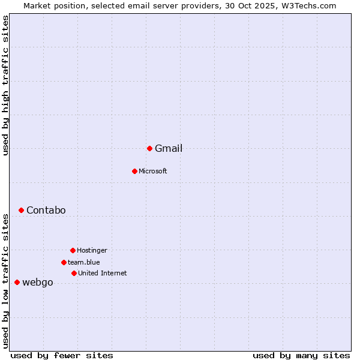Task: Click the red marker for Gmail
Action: pyautogui.click(x=149, y=148)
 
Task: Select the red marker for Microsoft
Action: pyautogui.click(x=134, y=171)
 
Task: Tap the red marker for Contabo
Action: pyautogui.click(x=21, y=210)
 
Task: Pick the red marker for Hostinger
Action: pyautogui.click(x=73, y=250)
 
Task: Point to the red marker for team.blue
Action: pyautogui.click(x=64, y=262)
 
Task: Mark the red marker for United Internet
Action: pyautogui.click(x=74, y=273)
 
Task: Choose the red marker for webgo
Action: pyautogui.click(x=17, y=282)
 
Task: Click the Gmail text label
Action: pyautogui.click(x=169, y=149)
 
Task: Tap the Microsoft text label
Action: pyautogui.click(x=153, y=172)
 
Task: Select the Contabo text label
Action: pyautogui.click(x=46, y=211)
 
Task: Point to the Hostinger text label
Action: pyautogui.click(x=92, y=251)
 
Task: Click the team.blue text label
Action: pyautogui.click(x=84, y=263)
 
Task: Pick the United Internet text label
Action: pyautogui.click(x=103, y=274)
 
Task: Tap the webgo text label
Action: pyautogui.click(x=38, y=283)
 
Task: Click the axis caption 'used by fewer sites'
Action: pyautogui.click(x=62, y=355)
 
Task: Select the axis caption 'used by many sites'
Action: pyautogui.click(x=301, y=355)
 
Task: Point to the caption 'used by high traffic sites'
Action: pyautogui.click(x=5, y=85)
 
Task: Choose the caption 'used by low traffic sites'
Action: pyautogui.click(x=5, y=281)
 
